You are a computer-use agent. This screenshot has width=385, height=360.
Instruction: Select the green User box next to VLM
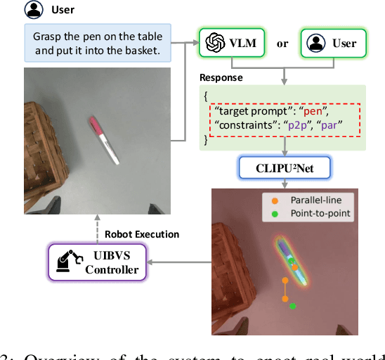(334, 44)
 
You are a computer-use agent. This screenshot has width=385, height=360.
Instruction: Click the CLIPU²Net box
(285, 167)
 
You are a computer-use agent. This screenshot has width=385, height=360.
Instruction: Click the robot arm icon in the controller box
(65, 262)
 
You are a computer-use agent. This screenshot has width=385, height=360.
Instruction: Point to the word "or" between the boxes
(282, 44)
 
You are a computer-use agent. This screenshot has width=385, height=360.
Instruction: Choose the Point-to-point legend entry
(311, 214)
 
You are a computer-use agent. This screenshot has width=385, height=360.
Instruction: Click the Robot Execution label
(141, 234)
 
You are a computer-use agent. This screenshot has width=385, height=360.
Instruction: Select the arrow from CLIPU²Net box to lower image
(285, 181)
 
